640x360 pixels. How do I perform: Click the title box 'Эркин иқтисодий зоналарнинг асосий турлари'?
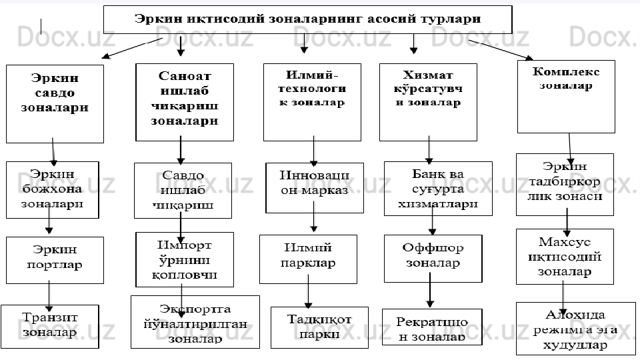click(307, 19)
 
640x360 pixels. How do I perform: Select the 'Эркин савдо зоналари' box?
click(55, 103)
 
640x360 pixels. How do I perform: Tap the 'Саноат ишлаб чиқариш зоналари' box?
click(185, 102)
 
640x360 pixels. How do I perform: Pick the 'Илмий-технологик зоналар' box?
click(312, 102)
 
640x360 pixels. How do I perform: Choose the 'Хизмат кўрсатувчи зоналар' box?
click(428, 102)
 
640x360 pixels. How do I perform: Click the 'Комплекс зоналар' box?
click(566, 96)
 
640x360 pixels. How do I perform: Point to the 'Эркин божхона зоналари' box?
click(52, 189)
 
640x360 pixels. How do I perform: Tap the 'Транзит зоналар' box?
click(50, 324)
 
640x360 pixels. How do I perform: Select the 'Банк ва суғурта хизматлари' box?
click(438, 189)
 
